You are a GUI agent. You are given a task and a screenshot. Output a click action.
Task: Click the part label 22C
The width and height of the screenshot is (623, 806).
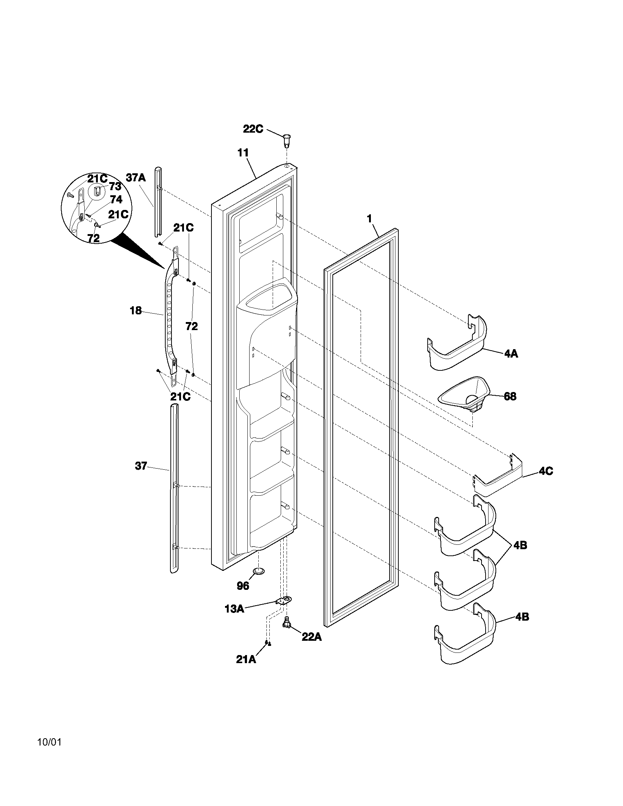253,129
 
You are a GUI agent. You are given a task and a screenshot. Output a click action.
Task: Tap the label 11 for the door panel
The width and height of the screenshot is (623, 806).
243,152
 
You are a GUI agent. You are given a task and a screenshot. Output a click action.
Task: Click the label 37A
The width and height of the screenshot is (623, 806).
136,178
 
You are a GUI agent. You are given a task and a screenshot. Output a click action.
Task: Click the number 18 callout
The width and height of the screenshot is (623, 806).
136,311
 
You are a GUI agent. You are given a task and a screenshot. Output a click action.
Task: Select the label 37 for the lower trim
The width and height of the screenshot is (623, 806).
141,466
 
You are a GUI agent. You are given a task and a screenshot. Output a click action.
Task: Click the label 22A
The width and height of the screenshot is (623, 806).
311,637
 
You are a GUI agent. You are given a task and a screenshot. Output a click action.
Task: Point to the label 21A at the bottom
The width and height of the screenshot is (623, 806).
246,659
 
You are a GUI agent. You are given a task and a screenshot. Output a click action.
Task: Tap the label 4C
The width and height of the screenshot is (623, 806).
546,471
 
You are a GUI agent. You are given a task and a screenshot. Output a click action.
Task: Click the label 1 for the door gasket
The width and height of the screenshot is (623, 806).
369,219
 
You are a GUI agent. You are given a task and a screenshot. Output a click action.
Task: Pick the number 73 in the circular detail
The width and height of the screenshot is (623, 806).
115,186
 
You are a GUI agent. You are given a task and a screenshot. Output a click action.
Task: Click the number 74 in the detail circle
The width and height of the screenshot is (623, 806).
116,200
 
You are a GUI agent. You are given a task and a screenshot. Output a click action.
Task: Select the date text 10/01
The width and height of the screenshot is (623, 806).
49,742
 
